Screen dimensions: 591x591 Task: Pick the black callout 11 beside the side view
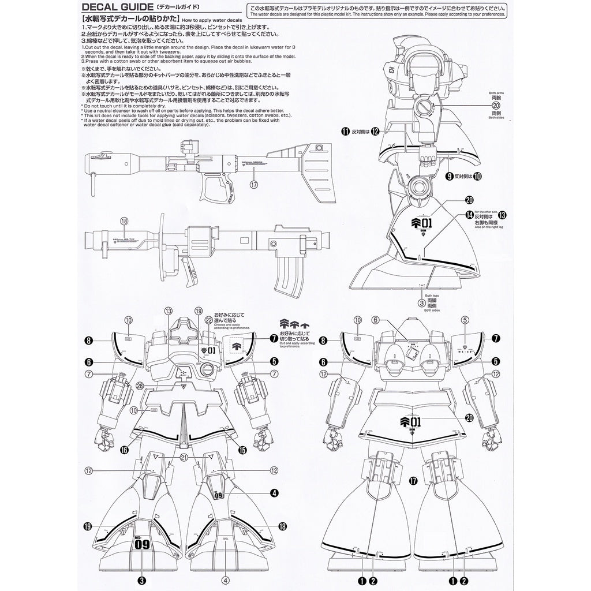coord(346,132)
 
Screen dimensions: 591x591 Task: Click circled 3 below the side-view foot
coord(422,302)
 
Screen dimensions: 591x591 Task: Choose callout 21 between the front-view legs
coord(183,458)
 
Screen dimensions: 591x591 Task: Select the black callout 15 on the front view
coord(241,450)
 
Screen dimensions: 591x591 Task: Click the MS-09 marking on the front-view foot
coord(143,543)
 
